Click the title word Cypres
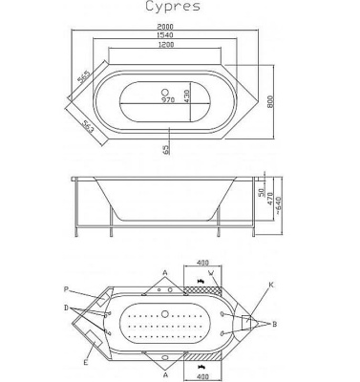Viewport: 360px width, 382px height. (x=173, y=7)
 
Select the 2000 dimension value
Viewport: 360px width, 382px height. (x=165, y=27)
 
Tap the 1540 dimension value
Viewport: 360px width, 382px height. (x=165, y=34)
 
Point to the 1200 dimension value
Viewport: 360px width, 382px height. (x=166, y=45)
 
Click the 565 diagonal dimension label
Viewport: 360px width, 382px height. (x=84, y=76)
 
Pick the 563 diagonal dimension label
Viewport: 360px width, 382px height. (x=88, y=126)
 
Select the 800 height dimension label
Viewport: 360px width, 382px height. (x=270, y=101)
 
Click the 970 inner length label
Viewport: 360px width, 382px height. (x=168, y=100)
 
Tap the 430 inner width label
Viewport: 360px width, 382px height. (x=186, y=95)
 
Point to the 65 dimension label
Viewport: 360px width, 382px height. (x=165, y=149)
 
